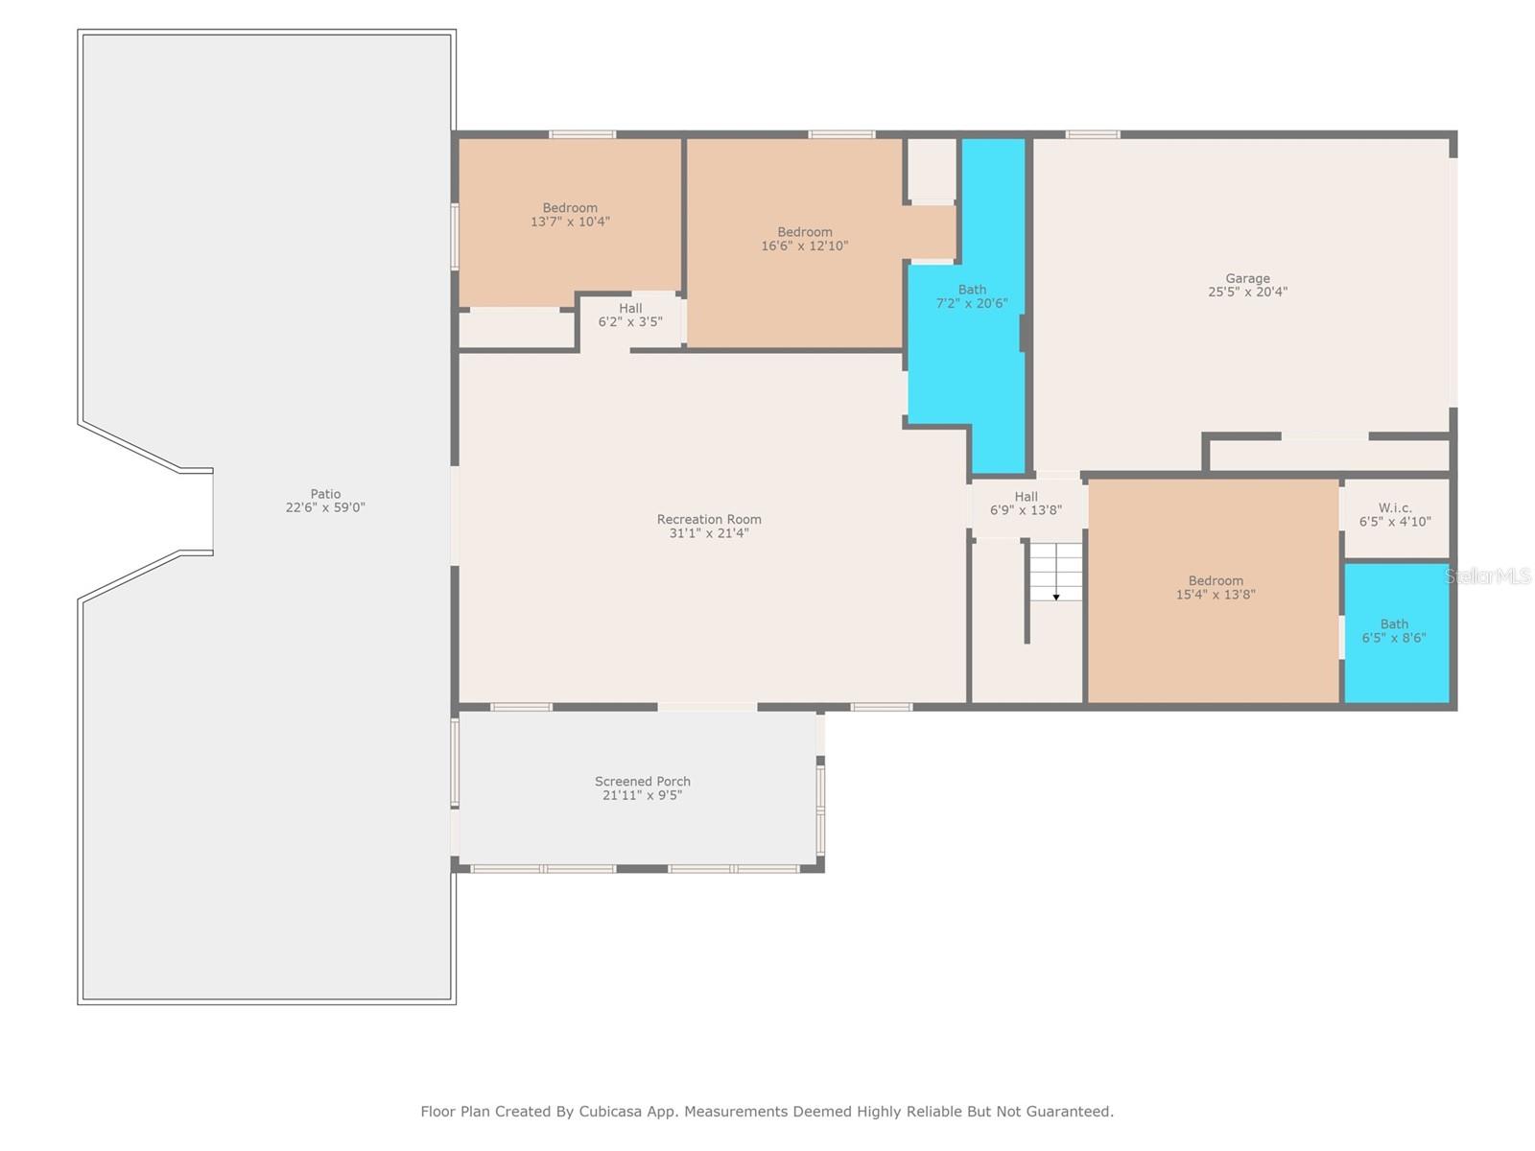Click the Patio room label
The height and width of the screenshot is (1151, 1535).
click(325, 493)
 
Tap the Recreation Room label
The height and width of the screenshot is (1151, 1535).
click(708, 519)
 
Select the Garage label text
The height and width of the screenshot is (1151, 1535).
click(1247, 278)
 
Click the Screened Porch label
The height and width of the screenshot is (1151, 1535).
click(642, 782)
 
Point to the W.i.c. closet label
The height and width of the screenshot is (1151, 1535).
click(1394, 508)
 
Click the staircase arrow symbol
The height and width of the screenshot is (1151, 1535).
click(1056, 598)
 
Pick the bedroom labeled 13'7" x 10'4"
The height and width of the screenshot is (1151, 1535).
click(570, 215)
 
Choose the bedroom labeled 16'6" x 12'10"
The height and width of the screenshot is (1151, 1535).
click(804, 238)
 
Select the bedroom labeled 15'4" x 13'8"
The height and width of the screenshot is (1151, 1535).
click(1216, 588)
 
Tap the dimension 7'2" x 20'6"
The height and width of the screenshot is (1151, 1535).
click(971, 303)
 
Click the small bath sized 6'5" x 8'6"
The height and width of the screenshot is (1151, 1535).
click(1394, 630)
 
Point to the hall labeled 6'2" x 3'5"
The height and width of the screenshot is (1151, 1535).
click(630, 315)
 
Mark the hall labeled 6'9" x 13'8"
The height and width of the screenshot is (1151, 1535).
click(1026, 504)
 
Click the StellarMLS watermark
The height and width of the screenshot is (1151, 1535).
click(1487, 575)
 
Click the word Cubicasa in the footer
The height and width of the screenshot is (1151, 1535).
click(610, 1111)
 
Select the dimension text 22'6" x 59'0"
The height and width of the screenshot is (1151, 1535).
click(325, 507)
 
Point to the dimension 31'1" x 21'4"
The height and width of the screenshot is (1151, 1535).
click(708, 533)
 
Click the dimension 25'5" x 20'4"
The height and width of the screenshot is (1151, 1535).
click(1247, 293)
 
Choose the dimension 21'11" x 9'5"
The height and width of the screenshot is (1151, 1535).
click(642, 795)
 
